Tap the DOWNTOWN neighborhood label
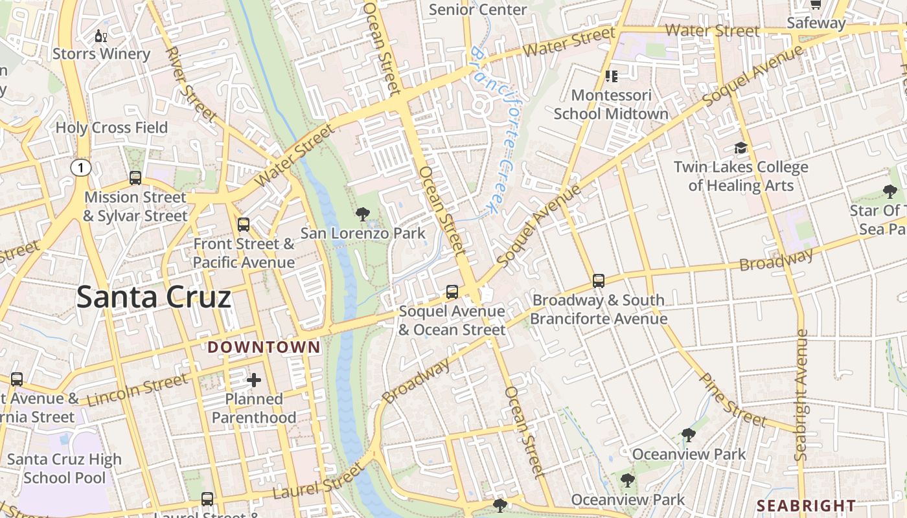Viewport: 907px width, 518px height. pyautogui.click(x=264, y=348)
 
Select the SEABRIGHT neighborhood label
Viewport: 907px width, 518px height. pyautogui.click(x=806, y=506)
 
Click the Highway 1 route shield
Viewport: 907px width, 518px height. pyautogui.click(x=80, y=168)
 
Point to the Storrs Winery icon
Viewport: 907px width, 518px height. pyautogui.click(x=100, y=36)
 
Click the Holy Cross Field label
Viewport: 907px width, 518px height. pyautogui.click(x=111, y=128)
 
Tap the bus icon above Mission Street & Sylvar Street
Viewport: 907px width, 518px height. pyautogui.click(x=135, y=177)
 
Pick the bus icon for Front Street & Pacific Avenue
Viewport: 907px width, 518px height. pyautogui.click(x=244, y=225)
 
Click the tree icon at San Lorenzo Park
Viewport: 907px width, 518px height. pyautogui.click(x=363, y=214)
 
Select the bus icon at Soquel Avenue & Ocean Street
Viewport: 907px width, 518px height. pyautogui.click(x=452, y=292)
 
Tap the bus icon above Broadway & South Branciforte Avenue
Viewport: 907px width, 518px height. pyautogui.click(x=599, y=281)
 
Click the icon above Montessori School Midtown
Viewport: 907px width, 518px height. pyautogui.click(x=611, y=76)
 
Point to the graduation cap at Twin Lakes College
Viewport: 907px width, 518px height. pyautogui.click(x=741, y=148)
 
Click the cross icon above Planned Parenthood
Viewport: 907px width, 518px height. pyautogui.click(x=254, y=379)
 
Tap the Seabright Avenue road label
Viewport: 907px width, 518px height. pyautogui.click(x=801, y=395)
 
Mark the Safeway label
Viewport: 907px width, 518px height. pyautogui.click(x=816, y=23)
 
